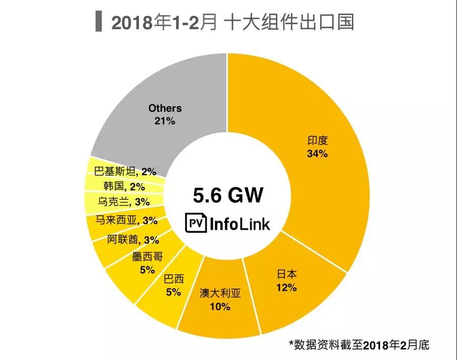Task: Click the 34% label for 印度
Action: point(317,154)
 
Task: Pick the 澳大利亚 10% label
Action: point(220,300)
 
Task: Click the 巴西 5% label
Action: point(173,285)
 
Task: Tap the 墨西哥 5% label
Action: point(147,263)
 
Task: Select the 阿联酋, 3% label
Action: point(133,239)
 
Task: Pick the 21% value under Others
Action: point(165,121)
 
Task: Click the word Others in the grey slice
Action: point(165,108)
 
